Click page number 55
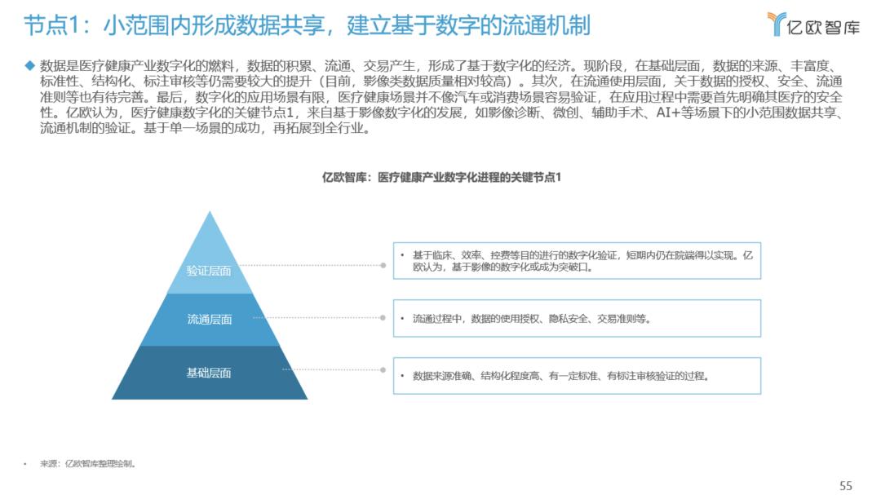846,485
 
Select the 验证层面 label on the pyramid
209,271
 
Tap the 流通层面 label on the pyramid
210,319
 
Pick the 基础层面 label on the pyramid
209,373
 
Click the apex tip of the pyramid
210,214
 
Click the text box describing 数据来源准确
577,376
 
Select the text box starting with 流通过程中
577,319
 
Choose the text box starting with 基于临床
577,260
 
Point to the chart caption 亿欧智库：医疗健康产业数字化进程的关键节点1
441,177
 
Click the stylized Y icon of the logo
777,24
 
